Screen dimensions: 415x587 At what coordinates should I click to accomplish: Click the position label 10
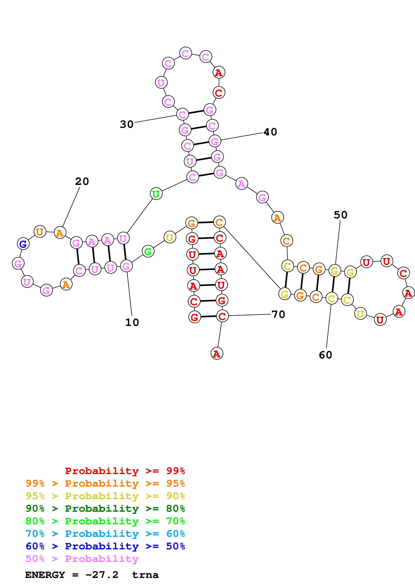tap(132, 322)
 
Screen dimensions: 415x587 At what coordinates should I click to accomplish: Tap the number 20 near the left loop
tap(82, 182)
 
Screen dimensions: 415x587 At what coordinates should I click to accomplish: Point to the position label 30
tap(127, 124)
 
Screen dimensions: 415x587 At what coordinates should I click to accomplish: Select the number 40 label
tap(270, 132)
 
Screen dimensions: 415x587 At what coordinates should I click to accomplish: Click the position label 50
tap(340, 215)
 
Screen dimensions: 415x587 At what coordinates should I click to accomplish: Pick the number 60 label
tap(325, 355)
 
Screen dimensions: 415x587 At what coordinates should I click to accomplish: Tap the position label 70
tap(278, 314)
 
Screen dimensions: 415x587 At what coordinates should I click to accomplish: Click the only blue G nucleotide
tap(23, 244)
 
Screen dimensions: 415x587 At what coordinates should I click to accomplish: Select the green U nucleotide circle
tap(156, 194)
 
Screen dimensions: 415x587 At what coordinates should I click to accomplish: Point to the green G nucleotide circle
tap(148, 251)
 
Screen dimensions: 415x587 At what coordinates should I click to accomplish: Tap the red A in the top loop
tap(219, 73)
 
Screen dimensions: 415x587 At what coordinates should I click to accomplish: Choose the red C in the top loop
tap(219, 93)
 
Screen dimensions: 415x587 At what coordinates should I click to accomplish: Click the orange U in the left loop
tap(40, 232)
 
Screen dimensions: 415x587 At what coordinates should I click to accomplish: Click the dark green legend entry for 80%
tap(105, 509)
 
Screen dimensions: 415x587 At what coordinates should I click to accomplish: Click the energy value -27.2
tap(102, 575)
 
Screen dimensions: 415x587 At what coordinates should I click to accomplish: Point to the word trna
tap(145, 575)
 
